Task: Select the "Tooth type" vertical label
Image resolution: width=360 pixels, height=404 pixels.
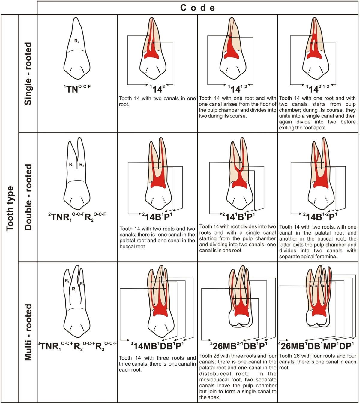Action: point(10,208)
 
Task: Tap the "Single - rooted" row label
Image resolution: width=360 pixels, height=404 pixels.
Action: point(28,74)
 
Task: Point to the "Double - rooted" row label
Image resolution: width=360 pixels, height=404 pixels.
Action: point(28,197)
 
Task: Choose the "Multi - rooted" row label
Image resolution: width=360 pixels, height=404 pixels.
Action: point(28,332)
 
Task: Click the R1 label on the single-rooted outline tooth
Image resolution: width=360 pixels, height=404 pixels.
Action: point(76,41)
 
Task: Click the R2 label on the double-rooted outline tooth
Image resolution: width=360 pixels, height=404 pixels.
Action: point(82,165)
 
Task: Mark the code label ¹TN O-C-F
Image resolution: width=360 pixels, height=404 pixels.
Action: point(77,89)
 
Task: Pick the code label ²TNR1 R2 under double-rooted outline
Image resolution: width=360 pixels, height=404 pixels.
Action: point(77,216)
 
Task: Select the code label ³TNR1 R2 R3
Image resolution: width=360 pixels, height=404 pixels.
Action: point(77,346)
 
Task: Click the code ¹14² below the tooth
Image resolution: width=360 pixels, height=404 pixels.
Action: point(157,89)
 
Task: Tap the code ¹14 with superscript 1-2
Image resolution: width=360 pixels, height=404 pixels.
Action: point(237,89)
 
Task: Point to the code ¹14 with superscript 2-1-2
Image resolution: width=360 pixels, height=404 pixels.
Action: point(317,89)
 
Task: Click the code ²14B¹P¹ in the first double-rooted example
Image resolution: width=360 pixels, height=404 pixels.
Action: point(157,217)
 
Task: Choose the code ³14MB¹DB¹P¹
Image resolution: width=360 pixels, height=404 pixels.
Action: point(157,346)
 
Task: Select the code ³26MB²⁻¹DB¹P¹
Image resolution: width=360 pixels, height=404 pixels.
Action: point(238,346)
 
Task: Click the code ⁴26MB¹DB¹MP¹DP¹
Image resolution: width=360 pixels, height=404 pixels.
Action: point(317,346)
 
